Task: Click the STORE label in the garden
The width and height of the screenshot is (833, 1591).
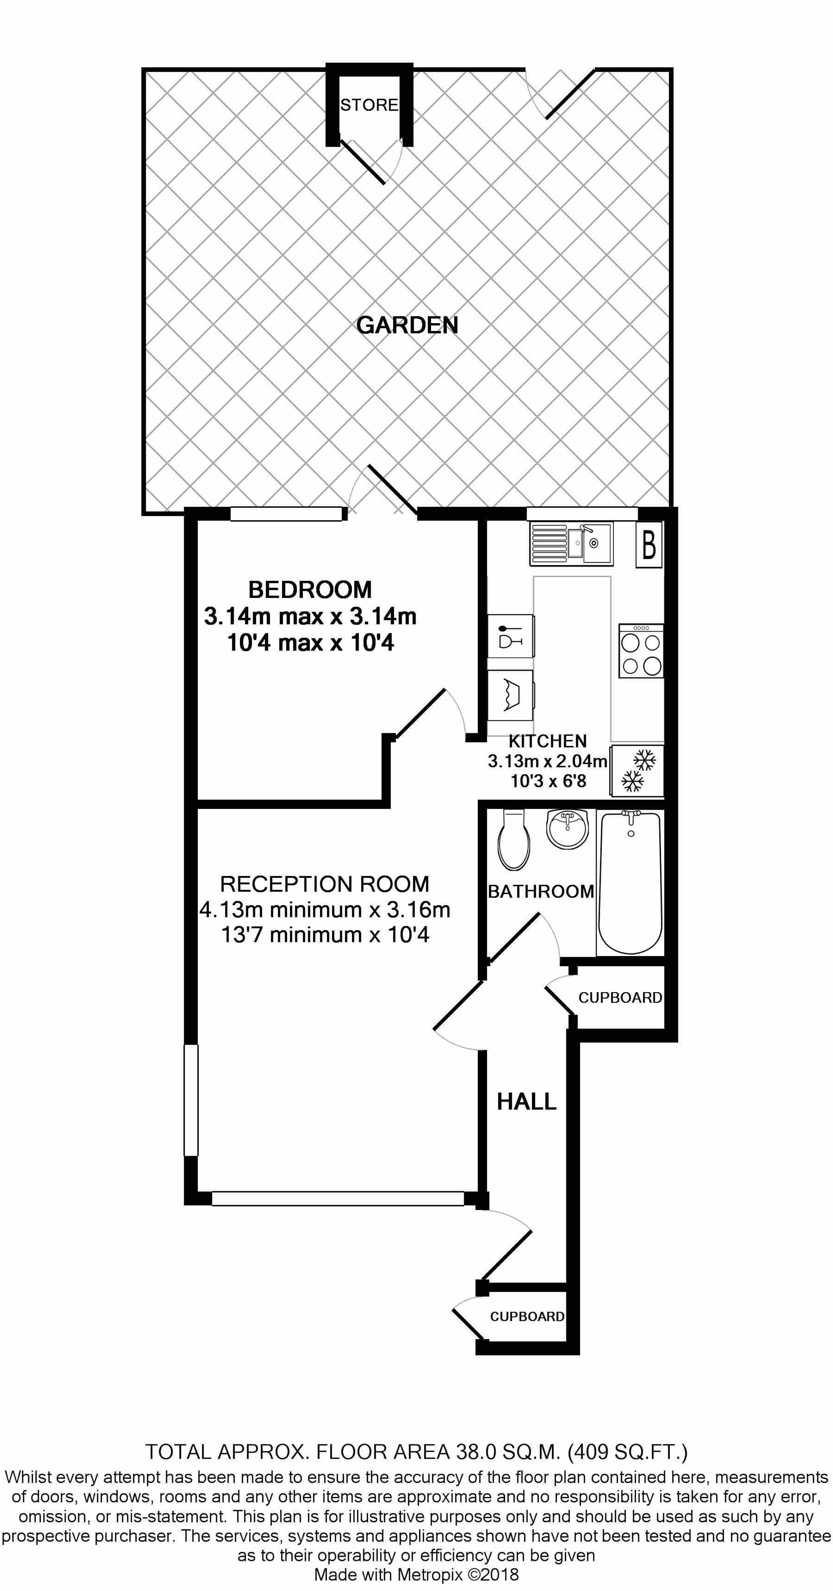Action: click(369, 105)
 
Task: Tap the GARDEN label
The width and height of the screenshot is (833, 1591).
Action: click(407, 325)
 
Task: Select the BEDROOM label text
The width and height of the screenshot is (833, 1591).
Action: click(310, 590)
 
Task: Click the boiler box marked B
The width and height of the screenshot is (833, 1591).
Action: click(649, 544)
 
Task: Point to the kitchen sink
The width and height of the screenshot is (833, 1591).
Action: click(571, 543)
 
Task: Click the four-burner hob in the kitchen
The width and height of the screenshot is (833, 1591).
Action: click(641, 650)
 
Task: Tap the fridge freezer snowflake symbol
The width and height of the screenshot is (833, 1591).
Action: click(636, 771)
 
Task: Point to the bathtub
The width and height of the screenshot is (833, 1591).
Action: click(630, 883)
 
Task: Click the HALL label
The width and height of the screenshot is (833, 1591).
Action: click(526, 1101)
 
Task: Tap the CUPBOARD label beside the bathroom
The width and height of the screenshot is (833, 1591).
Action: click(620, 998)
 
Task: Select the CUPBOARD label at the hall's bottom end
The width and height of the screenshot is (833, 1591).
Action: click(527, 1316)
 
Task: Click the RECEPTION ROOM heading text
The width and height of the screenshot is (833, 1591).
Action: click(324, 884)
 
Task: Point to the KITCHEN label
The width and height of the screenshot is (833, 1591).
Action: click(548, 741)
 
